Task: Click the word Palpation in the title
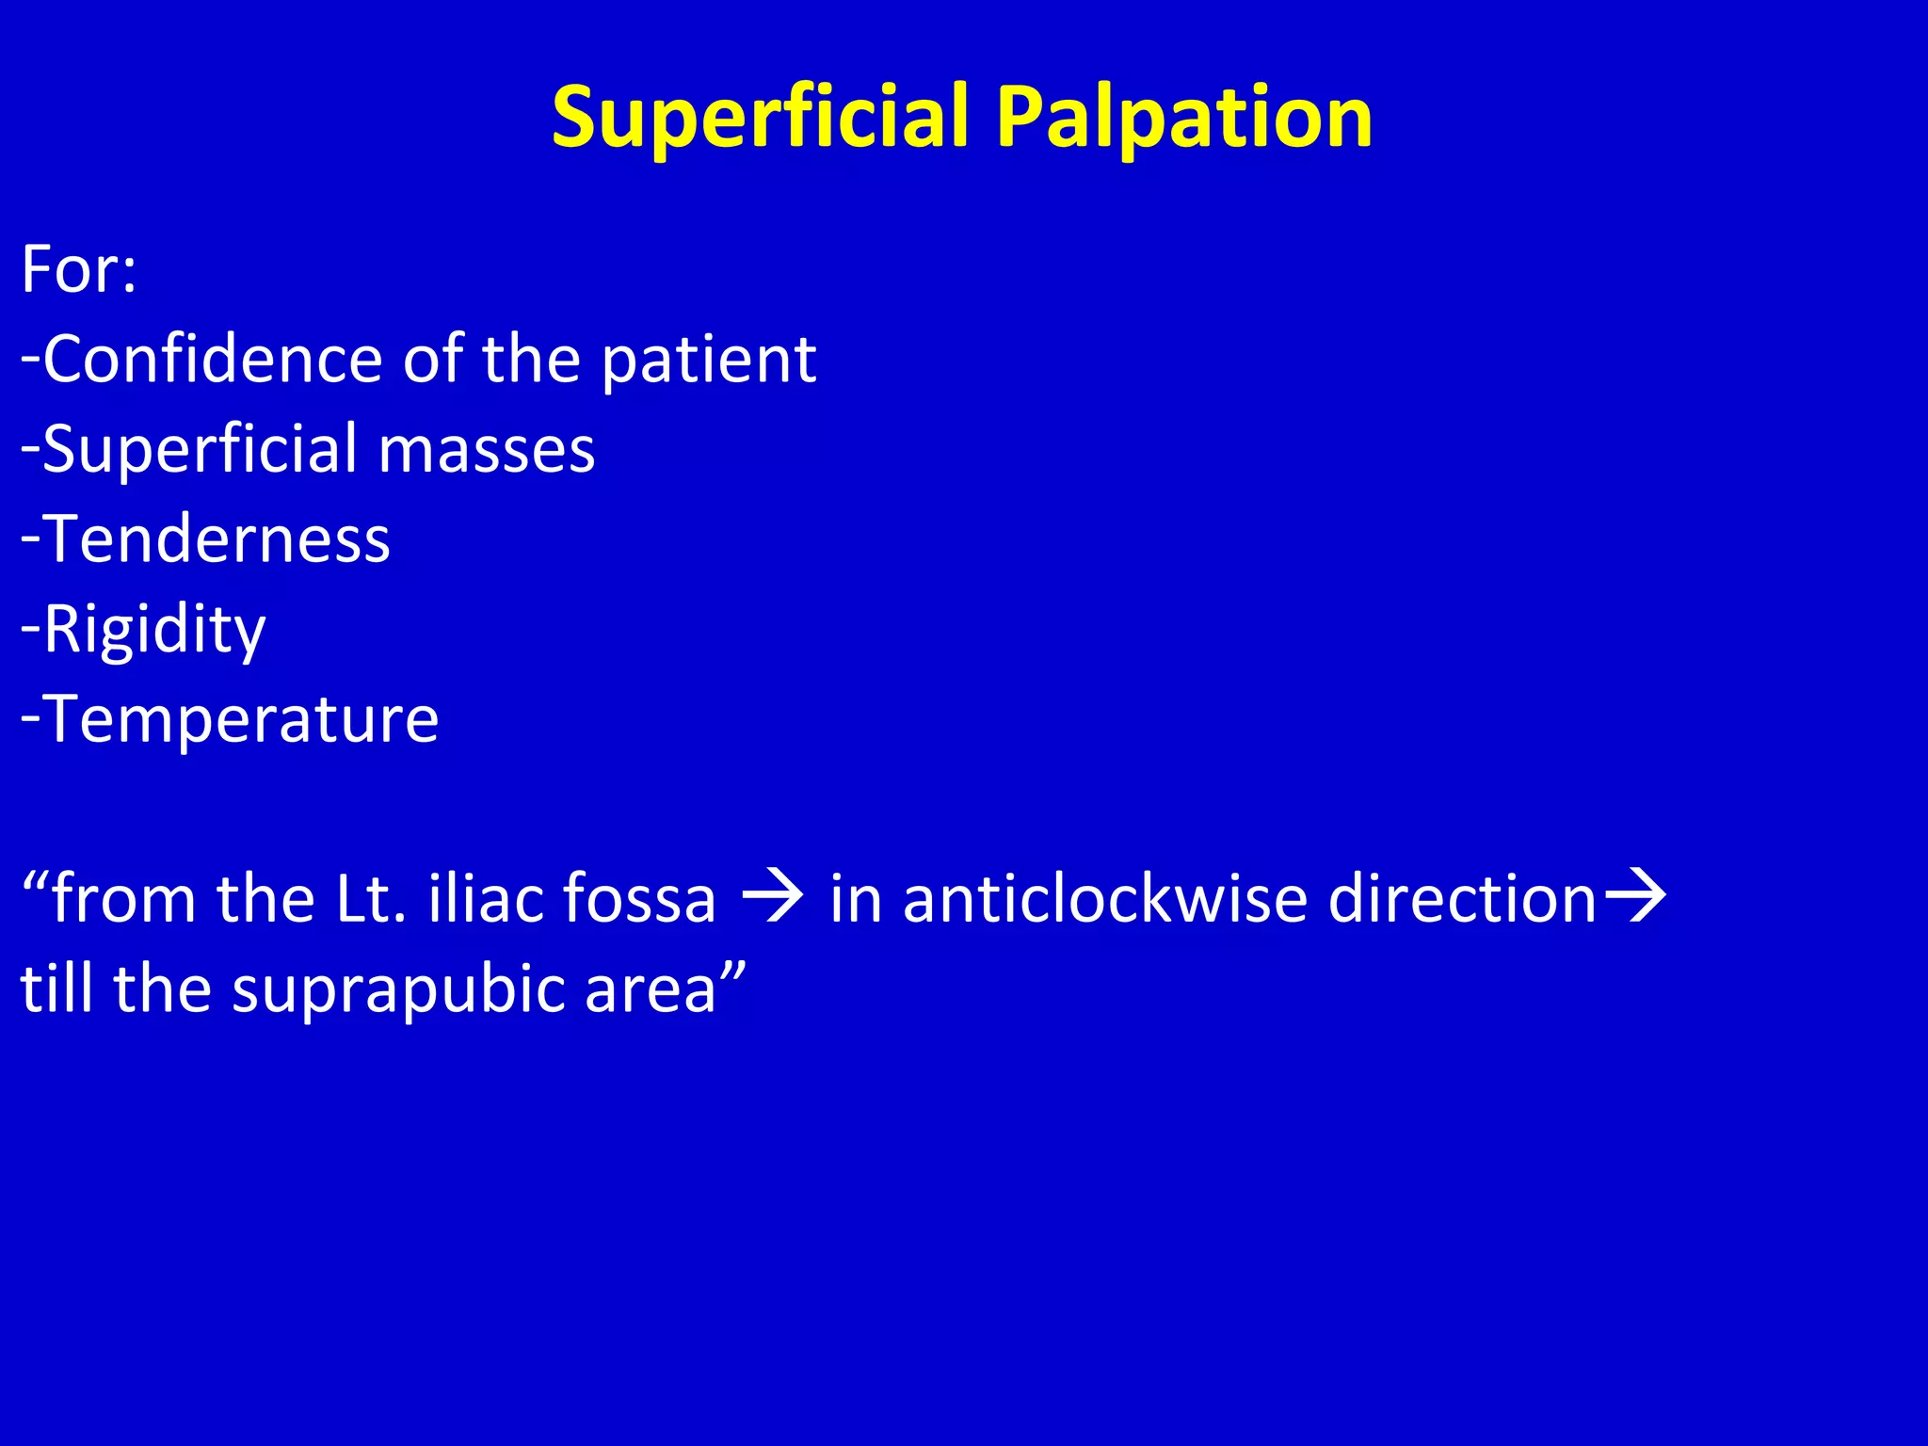tap(1183, 118)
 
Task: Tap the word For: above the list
tap(79, 270)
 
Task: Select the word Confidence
tap(213, 360)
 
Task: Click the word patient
tap(708, 361)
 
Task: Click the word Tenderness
tap(217, 540)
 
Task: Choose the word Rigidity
tap(154, 630)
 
